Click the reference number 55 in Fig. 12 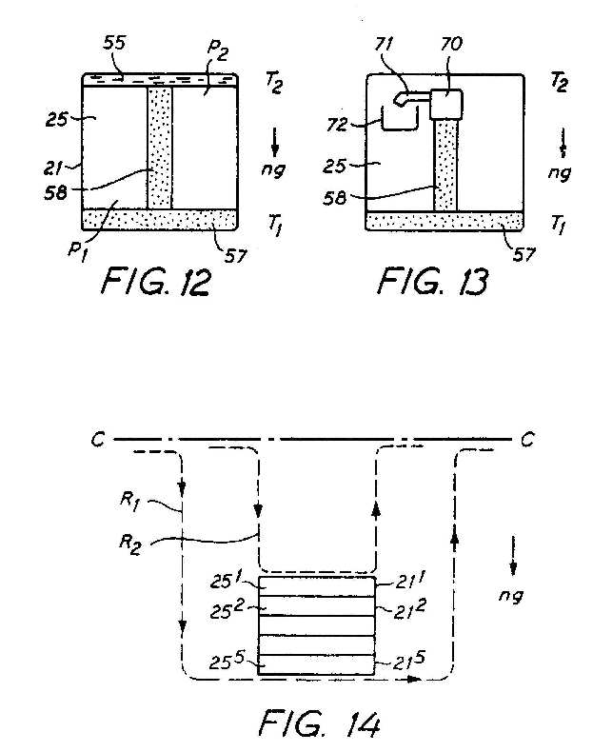point(114,43)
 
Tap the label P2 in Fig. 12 point(218,49)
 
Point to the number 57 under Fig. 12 point(235,255)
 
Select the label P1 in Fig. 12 point(78,251)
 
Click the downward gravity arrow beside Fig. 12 point(275,142)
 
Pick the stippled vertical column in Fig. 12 point(159,148)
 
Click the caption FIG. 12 point(155,282)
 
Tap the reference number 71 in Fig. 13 point(384,45)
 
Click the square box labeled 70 point(446,104)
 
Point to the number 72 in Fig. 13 point(338,124)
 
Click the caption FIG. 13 point(432,282)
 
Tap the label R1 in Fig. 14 point(129,502)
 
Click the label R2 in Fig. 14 point(129,544)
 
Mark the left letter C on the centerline point(98,440)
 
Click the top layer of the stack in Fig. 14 point(316,586)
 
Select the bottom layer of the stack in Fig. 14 point(316,665)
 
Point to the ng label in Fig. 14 point(510,595)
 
